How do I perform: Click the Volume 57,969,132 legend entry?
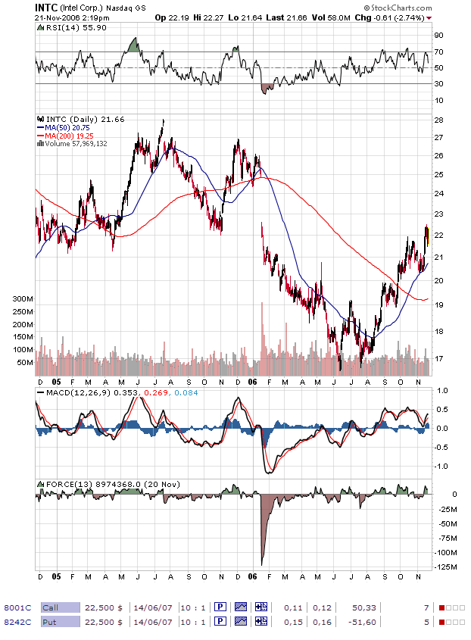pyautogui.click(x=76, y=142)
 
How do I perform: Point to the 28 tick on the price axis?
pyautogui.click(x=439, y=120)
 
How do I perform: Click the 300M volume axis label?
pyautogui.click(x=23, y=299)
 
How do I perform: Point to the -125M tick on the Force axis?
pyautogui.click(x=446, y=567)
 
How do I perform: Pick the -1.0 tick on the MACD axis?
pyautogui.click(x=442, y=466)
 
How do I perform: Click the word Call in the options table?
pyautogui.click(x=50, y=607)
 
